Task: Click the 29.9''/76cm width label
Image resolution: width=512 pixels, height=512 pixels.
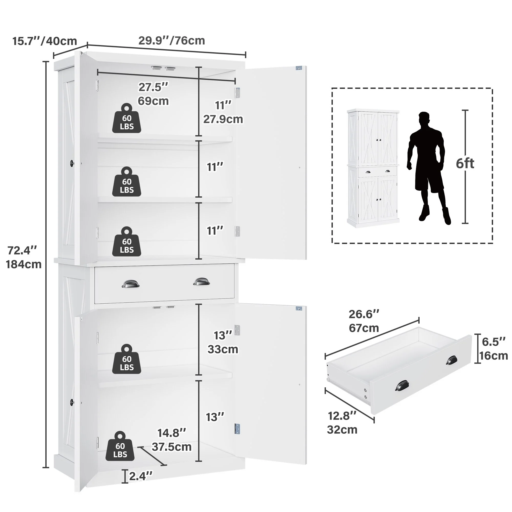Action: click(x=172, y=41)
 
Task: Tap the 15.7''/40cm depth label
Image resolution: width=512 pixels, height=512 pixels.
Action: click(x=45, y=41)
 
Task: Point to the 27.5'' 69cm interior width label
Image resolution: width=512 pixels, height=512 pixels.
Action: click(x=153, y=94)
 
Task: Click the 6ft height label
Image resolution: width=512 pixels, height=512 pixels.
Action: click(x=465, y=164)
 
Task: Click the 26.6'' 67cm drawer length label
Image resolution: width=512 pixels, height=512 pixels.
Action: click(x=364, y=321)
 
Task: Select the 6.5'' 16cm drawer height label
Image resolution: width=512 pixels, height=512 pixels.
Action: click(x=494, y=349)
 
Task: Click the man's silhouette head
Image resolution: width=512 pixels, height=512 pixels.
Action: click(x=424, y=119)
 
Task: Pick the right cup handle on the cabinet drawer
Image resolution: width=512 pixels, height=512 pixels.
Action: click(x=201, y=281)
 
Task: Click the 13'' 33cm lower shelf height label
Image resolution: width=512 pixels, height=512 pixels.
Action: click(x=223, y=342)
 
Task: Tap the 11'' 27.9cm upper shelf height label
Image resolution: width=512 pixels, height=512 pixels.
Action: click(x=223, y=112)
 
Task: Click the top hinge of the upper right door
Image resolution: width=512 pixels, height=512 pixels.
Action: click(x=237, y=93)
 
